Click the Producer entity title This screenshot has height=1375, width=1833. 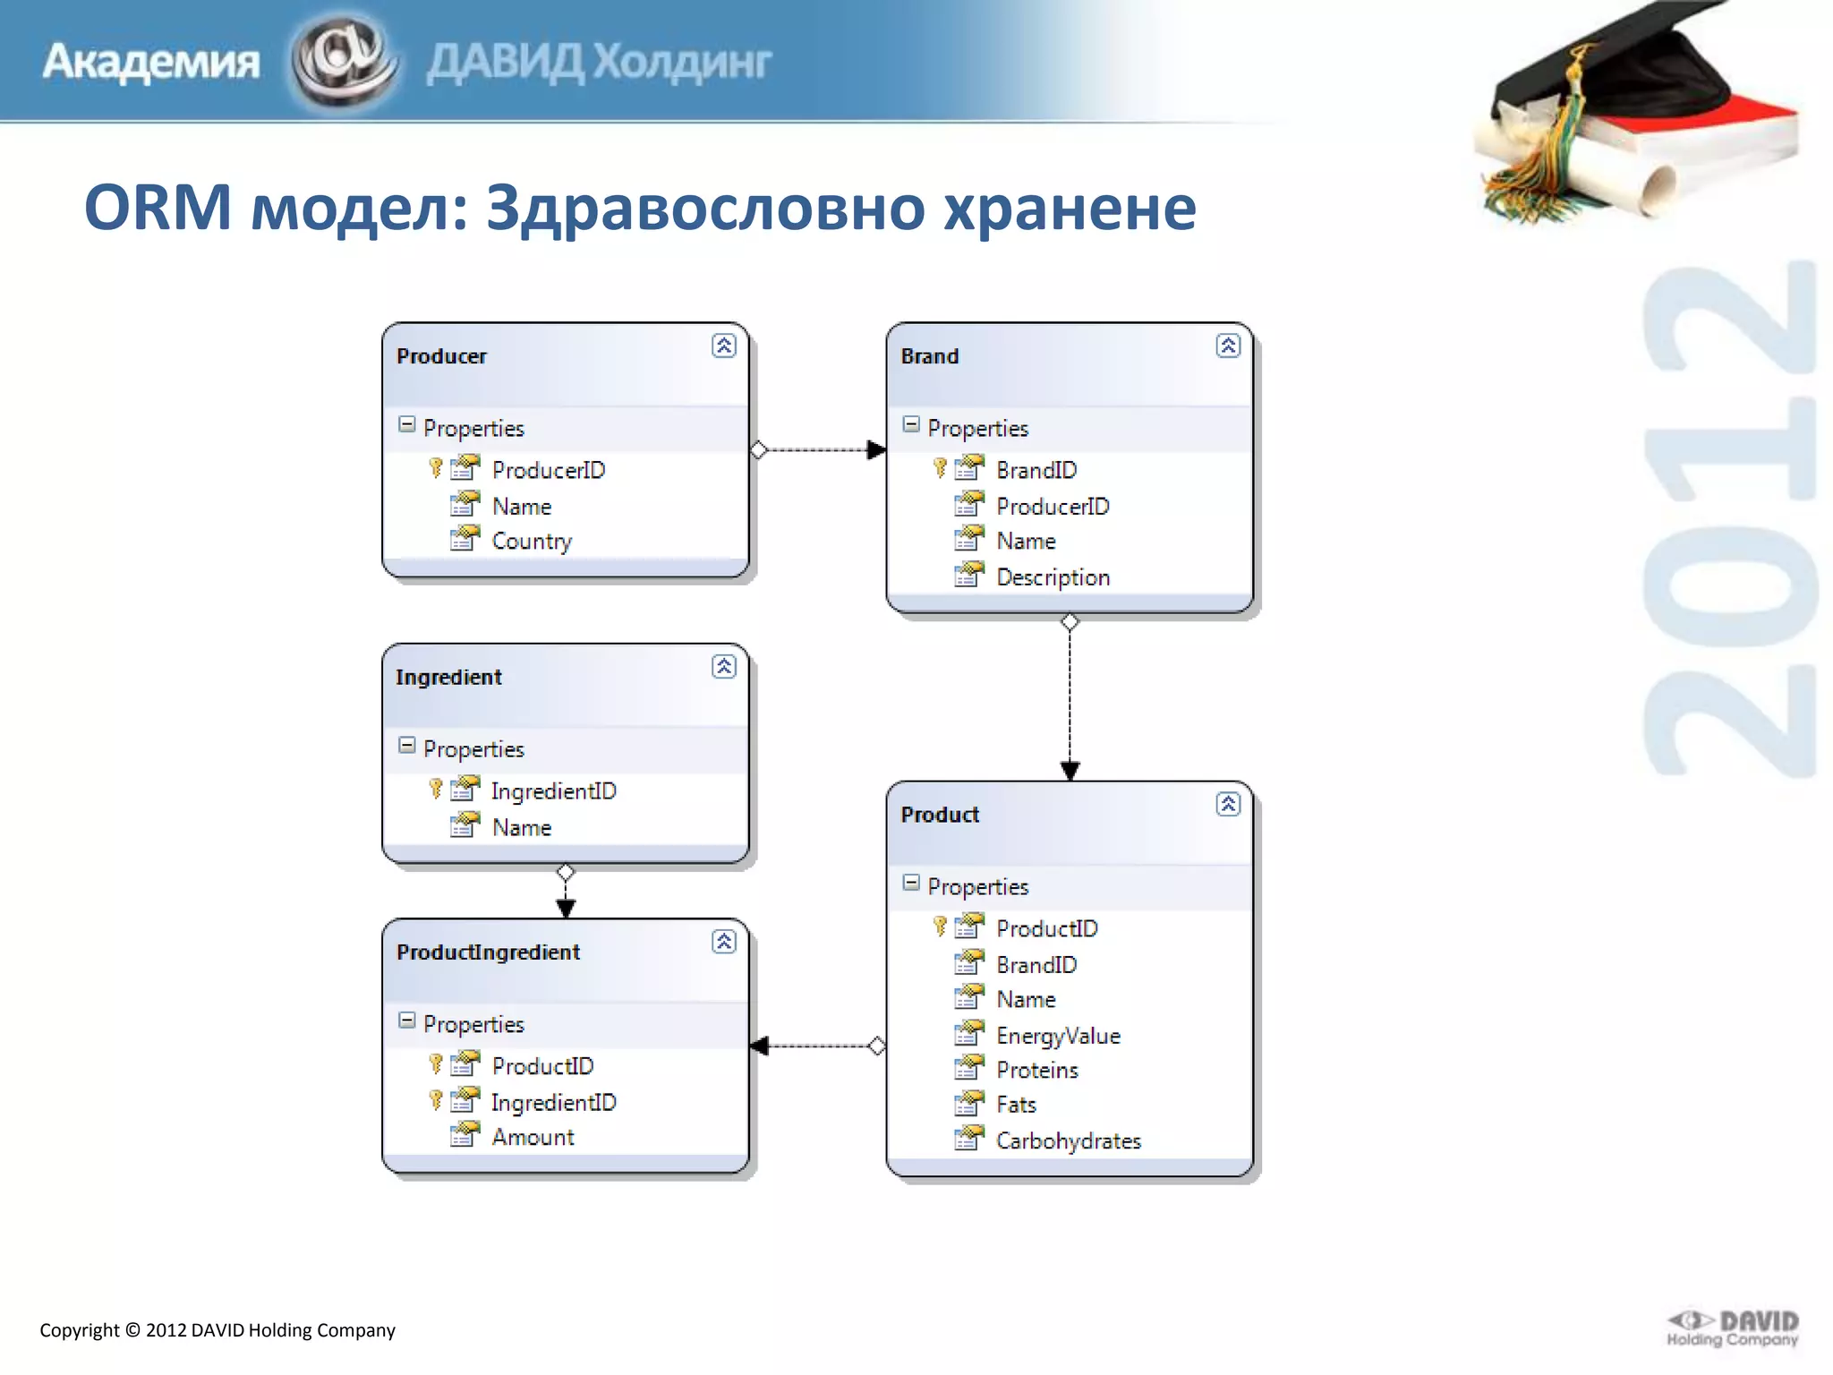tap(441, 356)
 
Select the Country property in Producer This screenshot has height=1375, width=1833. tap(532, 542)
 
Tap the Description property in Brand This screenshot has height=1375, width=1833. tap(1053, 577)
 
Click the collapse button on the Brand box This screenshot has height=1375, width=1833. tap(1228, 346)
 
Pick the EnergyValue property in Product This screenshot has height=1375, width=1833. tap(1058, 1036)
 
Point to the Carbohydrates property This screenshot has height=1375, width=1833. tap(1069, 1141)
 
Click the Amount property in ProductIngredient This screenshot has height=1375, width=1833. tap(533, 1138)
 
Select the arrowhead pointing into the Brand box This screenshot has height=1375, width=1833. tap(876, 449)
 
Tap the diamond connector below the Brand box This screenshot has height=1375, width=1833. tap(1070, 622)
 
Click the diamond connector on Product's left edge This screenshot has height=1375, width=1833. tap(877, 1046)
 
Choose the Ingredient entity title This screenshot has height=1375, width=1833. tap(448, 678)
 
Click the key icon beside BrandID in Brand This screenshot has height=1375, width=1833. tap(940, 468)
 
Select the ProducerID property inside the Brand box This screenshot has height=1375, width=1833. tap(1053, 507)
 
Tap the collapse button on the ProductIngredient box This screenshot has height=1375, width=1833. tap(724, 942)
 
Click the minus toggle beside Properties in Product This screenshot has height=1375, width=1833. tap(911, 884)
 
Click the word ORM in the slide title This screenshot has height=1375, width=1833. tap(158, 208)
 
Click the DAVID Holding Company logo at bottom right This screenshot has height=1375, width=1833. tap(1733, 1328)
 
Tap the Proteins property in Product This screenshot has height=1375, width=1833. tap(1036, 1071)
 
